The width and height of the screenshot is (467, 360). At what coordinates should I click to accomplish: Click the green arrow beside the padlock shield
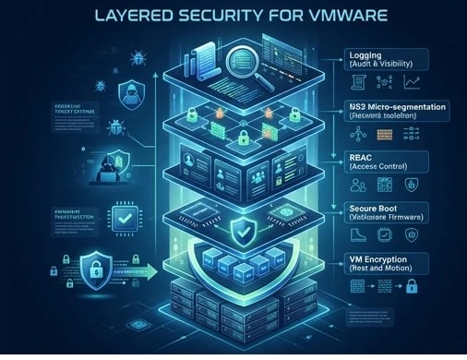pyautogui.click(x=138, y=272)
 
